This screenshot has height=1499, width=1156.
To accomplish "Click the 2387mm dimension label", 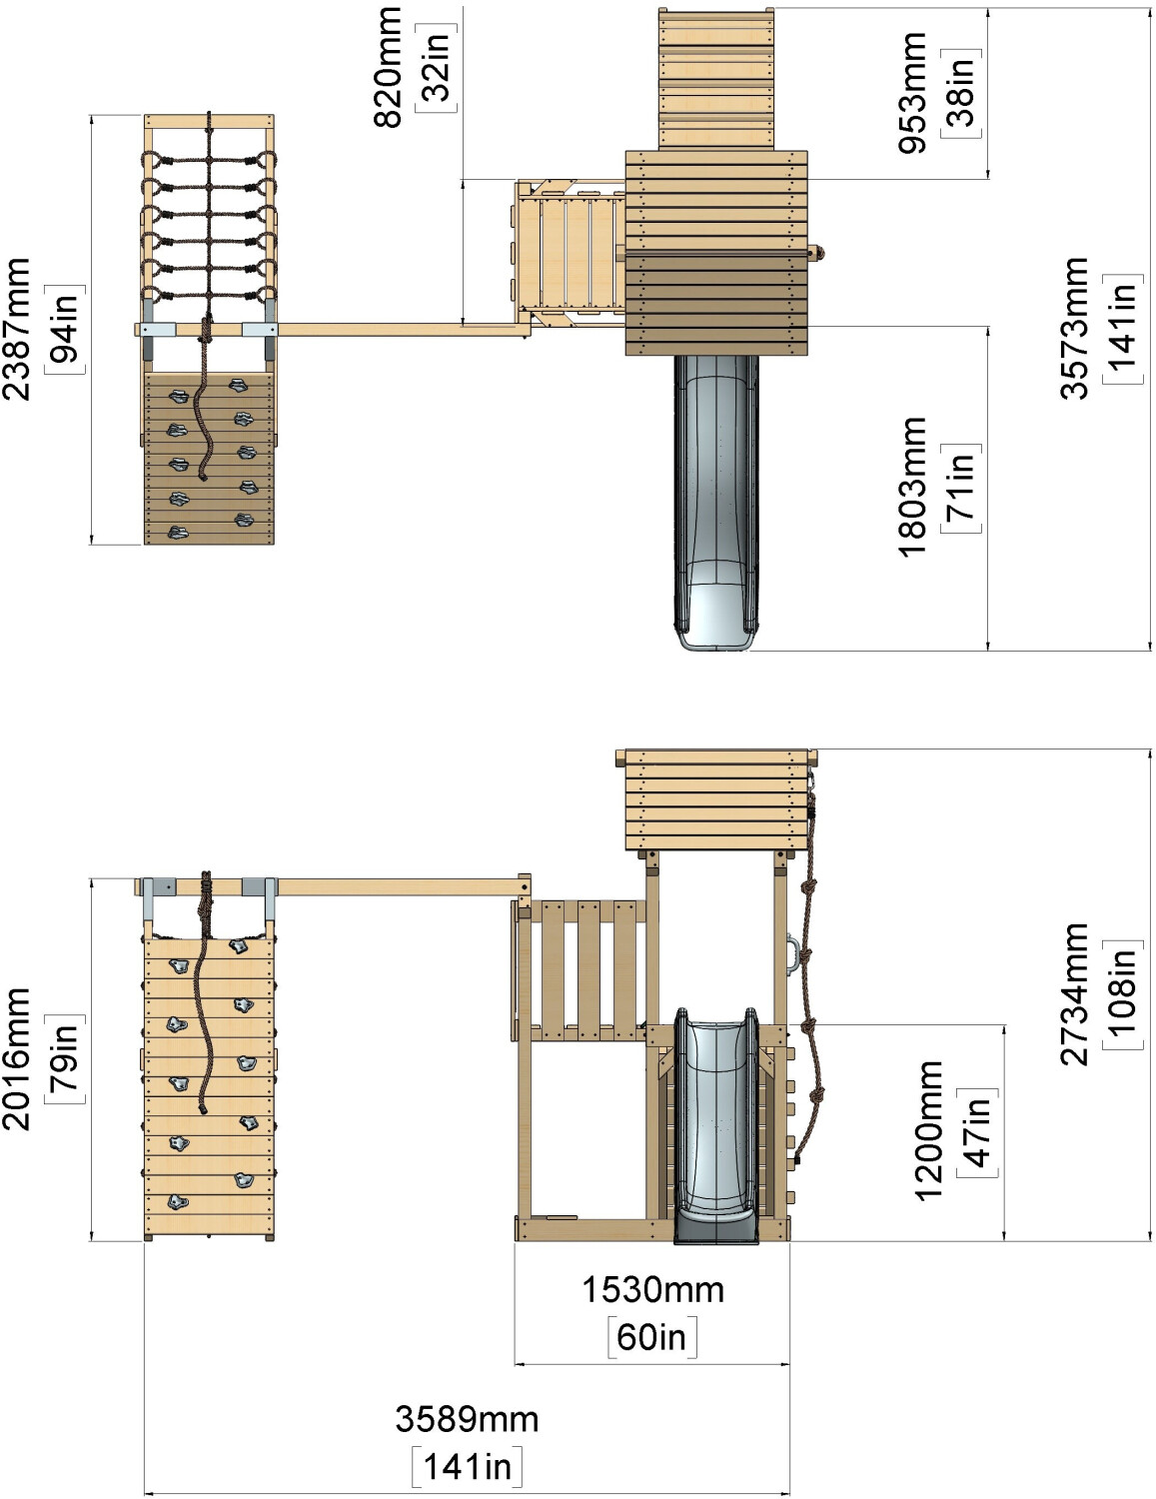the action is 17,329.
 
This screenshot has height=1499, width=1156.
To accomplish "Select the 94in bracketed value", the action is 65,329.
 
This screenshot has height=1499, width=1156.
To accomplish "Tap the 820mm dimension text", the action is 388,68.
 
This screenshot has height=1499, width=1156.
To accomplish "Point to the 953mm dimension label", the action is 913,93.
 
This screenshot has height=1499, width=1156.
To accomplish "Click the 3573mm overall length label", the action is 1075,329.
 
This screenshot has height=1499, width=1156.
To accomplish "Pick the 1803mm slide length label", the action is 913,488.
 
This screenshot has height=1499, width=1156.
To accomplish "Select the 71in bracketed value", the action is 961,488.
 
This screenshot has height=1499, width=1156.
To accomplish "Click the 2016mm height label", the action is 17,1059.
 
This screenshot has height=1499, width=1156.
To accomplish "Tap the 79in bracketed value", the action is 65,1059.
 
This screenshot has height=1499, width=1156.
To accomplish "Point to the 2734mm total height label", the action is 1075,995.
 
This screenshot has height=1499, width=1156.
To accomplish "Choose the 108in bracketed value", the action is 1123,995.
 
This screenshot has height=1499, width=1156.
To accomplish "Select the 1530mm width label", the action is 653,1290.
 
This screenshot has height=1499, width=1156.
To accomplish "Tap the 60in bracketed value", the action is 652,1337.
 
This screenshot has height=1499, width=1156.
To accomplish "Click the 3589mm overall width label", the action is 467,1419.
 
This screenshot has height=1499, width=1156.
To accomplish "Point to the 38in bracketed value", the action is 961,93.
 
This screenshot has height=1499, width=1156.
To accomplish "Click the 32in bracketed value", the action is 436,68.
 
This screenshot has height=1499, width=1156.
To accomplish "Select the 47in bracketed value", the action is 977,1131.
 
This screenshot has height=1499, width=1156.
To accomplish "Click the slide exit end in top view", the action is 716,615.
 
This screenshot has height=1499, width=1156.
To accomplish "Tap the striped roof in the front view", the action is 716,799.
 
